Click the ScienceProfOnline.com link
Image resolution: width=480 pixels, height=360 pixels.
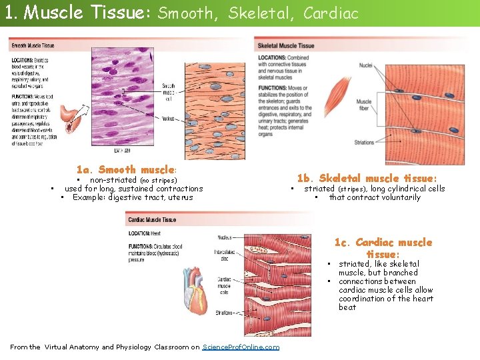click(240, 347)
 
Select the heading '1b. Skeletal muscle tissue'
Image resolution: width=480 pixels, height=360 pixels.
click(367, 178)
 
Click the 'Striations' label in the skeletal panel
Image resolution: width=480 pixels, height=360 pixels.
click(364, 142)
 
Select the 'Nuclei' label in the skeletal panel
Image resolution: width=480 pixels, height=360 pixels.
click(365, 65)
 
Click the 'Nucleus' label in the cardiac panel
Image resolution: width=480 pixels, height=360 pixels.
click(225, 237)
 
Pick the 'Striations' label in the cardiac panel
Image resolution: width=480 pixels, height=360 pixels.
click(224, 312)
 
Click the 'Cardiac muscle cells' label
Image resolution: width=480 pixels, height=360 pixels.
click(224, 285)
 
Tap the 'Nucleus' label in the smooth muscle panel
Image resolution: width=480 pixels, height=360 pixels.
click(169, 118)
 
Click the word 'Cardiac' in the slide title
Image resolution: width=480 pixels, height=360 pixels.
click(331, 13)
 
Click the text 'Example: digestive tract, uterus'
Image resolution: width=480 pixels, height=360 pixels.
click(133, 197)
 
